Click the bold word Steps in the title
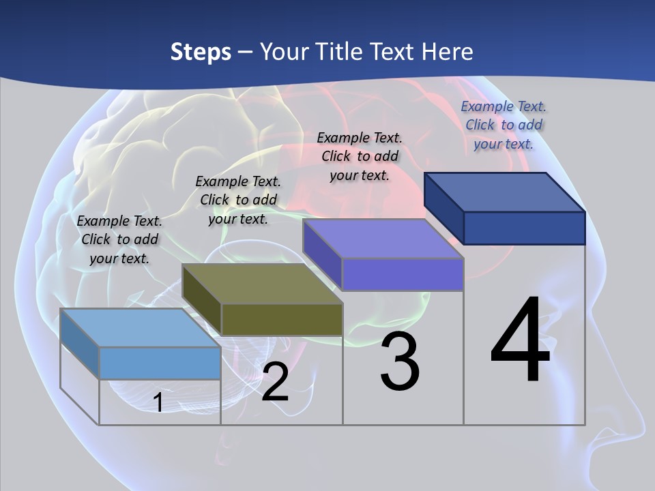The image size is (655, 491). point(201,52)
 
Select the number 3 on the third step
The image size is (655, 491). point(400,361)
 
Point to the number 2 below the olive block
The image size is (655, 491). point(275,382)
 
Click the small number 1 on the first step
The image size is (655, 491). point(158,403)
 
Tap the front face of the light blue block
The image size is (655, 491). point(160,363)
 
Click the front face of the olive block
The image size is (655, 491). point(282,319)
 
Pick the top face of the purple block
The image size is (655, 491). point(383,239)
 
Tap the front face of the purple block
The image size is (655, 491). point(403,274)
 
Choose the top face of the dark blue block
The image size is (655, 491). point(504,192)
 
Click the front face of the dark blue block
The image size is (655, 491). point(524,228)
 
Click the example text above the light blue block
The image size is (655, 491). point(119,239)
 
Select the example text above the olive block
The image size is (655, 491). point(238,200)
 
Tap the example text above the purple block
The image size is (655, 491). point(360,156)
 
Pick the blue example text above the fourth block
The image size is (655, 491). point(504,125)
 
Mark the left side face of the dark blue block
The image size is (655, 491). point(443,208)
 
